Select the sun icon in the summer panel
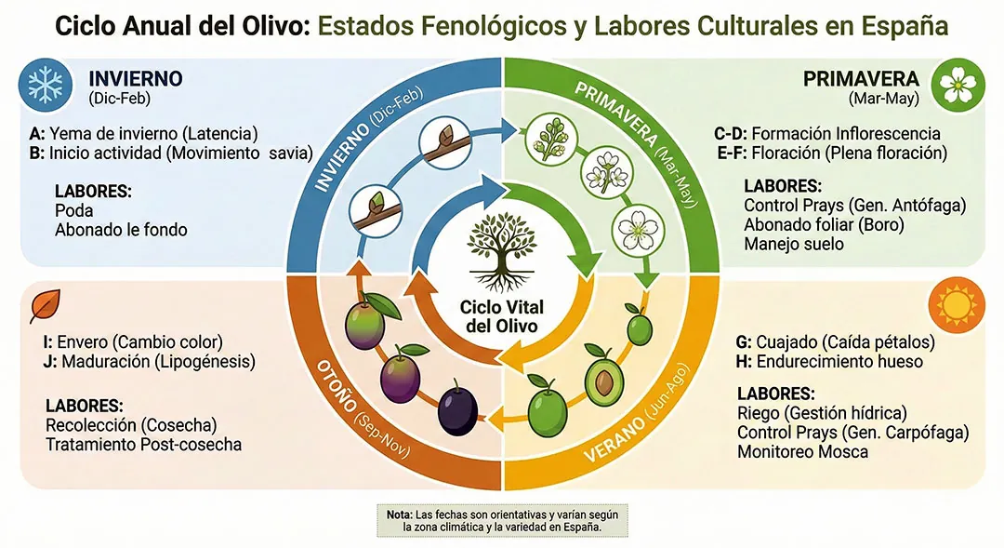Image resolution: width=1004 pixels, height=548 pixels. click(x=957, y=304)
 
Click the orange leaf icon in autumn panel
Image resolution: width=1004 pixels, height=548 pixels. click(x=45, y=305)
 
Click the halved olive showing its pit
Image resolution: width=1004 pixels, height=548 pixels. click(x=605, y=378)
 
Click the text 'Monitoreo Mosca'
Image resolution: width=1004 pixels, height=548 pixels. click(x=802, y=452)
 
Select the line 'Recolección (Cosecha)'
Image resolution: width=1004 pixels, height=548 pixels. click(x=130, y=425)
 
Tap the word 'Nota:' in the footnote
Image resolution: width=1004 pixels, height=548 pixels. click(x=401, y=514)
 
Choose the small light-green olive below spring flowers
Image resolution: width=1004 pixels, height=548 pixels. click(x=639, y=327)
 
